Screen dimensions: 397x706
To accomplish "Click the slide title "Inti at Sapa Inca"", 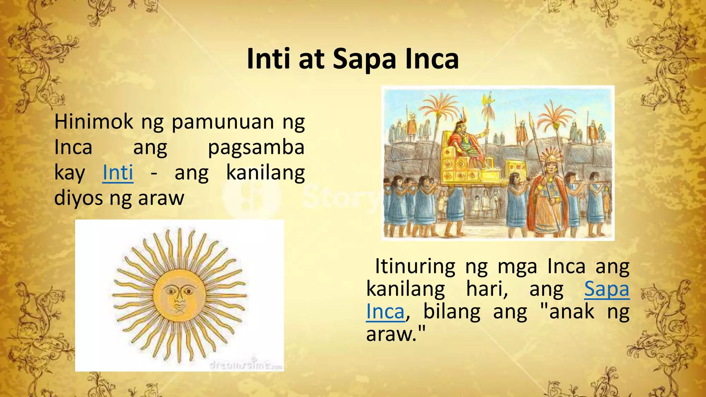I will tap(353, 59).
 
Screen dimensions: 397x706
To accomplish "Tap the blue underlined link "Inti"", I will tap(118, 173).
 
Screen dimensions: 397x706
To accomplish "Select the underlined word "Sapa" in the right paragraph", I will tap(607, 289).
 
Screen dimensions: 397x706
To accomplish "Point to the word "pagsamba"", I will tap(256, 147).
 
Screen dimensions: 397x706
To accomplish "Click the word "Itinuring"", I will tap(415, 266).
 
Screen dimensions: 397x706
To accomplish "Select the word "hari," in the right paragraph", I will tap(487, 289).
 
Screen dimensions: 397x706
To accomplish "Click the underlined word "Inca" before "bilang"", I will tap(385, 312).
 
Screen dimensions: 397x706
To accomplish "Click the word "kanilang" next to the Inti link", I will tap(265, 173).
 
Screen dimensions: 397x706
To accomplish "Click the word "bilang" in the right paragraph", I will tap(452, 312).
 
